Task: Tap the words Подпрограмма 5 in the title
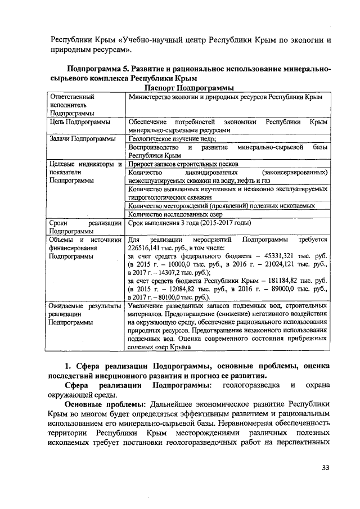point(97,69)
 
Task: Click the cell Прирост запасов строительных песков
point(183,164)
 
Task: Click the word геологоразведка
point(250,385)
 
